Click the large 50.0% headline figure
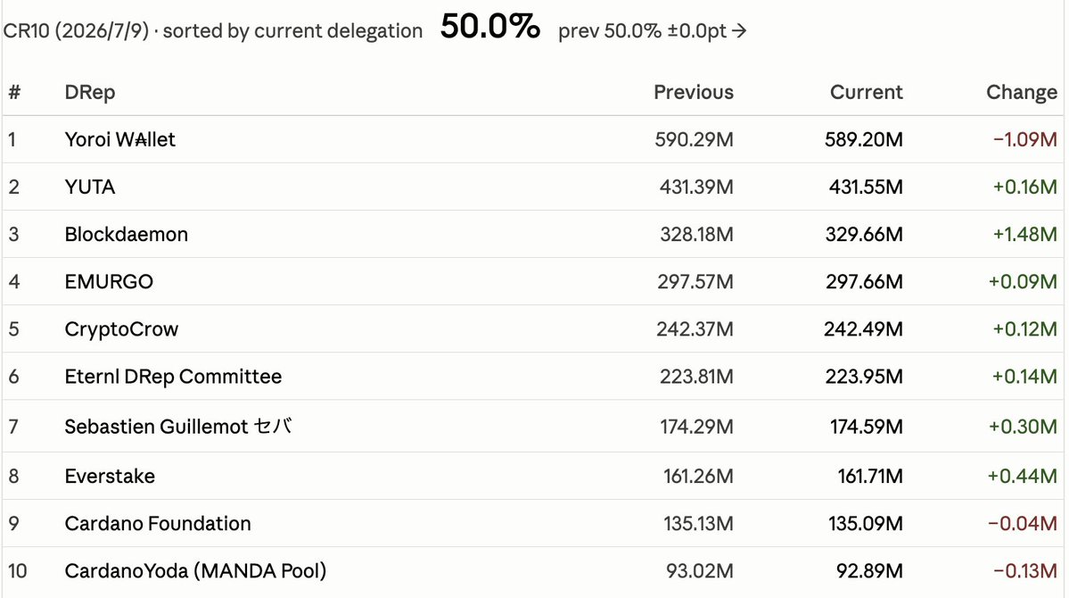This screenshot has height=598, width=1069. pos(490,28)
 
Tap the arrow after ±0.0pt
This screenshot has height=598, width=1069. pos(739,30)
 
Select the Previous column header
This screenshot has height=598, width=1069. pos(694,92)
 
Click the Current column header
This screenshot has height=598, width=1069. pos(866,92)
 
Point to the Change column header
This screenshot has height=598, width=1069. pos(1021,92)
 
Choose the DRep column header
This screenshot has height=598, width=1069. pos(90,92)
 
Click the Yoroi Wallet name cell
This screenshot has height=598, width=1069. pos(120,139)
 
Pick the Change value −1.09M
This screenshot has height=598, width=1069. pos(1024,139)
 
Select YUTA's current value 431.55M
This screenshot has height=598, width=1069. pos(866,187)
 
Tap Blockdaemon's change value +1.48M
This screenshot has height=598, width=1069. pos(1024,234)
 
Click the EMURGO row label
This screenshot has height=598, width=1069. pos(109,281)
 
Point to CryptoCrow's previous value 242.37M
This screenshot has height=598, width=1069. pos(695,329)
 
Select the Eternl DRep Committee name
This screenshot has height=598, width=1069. pos(173,376)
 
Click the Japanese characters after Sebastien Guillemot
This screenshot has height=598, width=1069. pos(273,426)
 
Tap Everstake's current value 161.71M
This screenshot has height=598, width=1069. pos(870,476)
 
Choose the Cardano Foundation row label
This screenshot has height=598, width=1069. pos(158,524)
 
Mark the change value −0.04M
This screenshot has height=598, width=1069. pos(1023,524)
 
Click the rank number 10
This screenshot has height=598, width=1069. pos(18,570)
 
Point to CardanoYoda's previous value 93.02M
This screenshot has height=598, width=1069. pos(700,570)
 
